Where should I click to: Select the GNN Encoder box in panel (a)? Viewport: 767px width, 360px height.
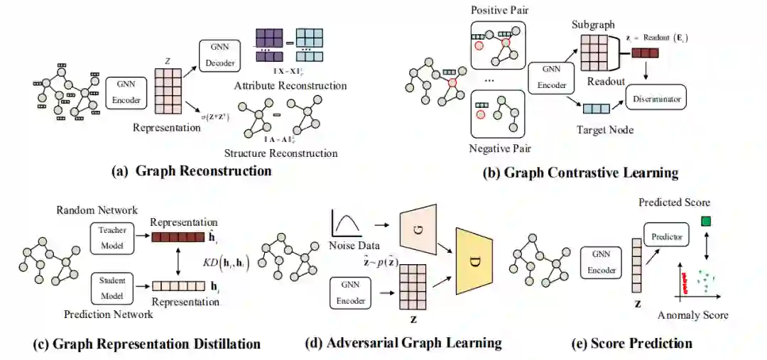pos(126,93)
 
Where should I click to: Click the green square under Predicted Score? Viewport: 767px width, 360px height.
pos(706,222)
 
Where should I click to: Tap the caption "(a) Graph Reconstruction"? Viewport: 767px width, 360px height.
pos(192,171)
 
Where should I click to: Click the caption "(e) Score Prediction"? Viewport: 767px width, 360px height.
pos(631,344)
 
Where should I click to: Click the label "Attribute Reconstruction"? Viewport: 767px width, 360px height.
pos(290,86)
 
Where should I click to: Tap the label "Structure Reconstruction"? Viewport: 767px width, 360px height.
pos(281,153)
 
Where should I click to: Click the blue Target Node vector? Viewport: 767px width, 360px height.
pos(596,109)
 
